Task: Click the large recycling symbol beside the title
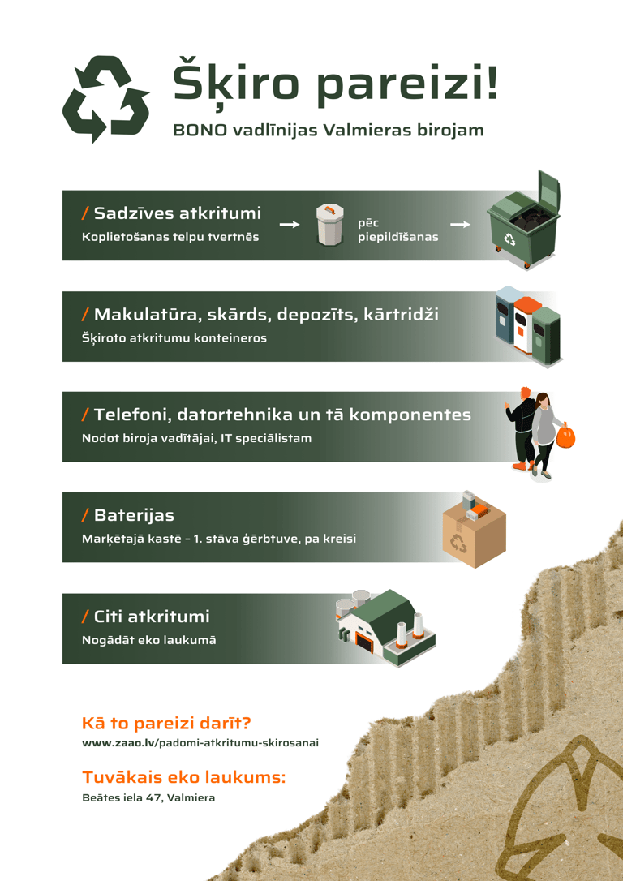pyautogui.click(x=105, y=99)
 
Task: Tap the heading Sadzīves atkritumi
pyautogui.click(x=178, y=213)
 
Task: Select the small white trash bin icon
pyautogui.click(x=330, y=225)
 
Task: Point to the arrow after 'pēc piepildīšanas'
pyautogui.click(x=460, y=225)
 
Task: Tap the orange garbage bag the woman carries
pyautogui.click(x=565, y=436)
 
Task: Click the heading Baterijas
pyautogui.click(x=135, y=515)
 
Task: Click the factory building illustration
pyautogui.click(x=385, y=628)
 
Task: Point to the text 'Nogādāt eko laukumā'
pyautogui.click(x=149, y=640)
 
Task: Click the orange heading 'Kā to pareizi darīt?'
pyautogui.click(x=166, y=723)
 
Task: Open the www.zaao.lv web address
pyautogui.click(x=200, y=743)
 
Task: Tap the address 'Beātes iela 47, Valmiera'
pyautogui.click(x=148, y=797)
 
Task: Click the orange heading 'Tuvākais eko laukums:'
pyautogui.click(x=183, y=778)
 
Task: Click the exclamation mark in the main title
pyautogui.click(x=492, y=82)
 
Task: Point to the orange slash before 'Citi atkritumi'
pyautogui.click(x=85, y=617)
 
